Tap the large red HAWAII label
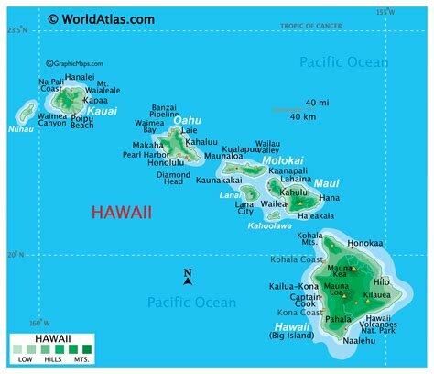pyautogui.click(x=121, y=213)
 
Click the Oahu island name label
pyautogui.click(x=187, y=120)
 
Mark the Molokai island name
pyautogui.click(x=282, y=160)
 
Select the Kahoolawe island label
pyautogui.click(x=270, y=225)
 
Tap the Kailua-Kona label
pyautogui.click(x=292, y=287)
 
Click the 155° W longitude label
pyautogui.click(x=385, y=12)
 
